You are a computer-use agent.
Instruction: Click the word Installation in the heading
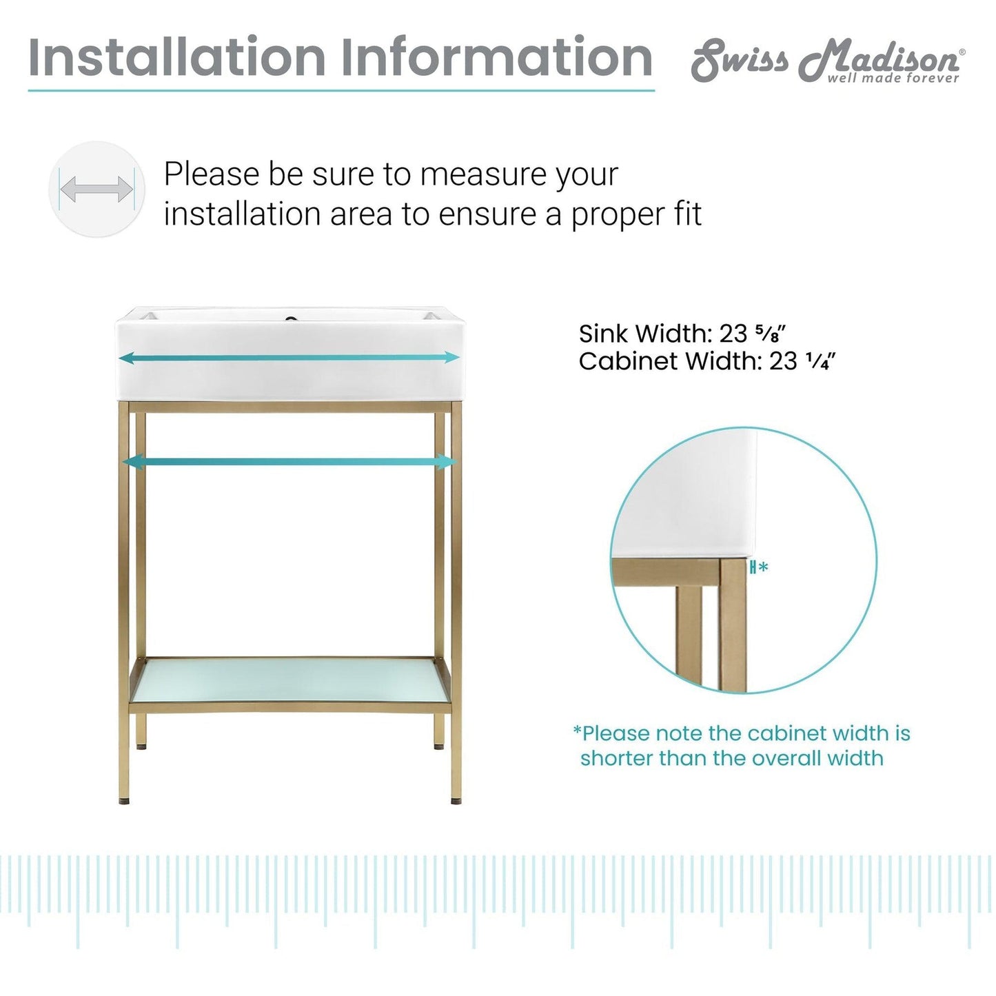point(176,58)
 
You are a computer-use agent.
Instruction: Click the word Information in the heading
point(496,58)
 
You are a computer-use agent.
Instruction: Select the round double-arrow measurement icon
point(96,189)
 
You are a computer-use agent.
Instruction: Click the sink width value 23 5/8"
point(752,334)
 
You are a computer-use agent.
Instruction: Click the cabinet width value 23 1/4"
point(802,361)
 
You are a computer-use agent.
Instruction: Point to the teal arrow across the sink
point(289,357)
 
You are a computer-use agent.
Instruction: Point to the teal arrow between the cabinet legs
point(289,461)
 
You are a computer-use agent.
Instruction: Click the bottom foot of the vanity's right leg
point(456,800)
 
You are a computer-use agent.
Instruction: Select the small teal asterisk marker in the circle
point(762,567)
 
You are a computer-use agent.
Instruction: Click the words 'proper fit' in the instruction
point(636,214)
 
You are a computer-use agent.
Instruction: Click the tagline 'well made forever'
point(893,79)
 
